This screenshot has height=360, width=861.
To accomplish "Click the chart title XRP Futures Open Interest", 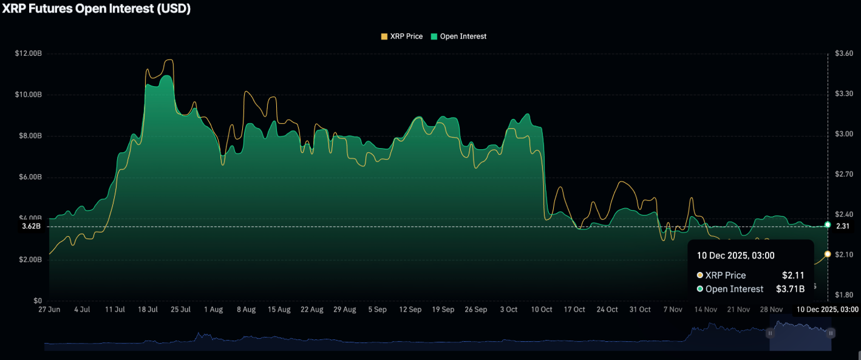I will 96,9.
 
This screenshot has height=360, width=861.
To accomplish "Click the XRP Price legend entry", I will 401,36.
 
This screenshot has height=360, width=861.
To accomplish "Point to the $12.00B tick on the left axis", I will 29,53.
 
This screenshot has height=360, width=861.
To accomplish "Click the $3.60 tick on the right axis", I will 845,53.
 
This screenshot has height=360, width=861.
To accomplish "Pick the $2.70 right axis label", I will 845,174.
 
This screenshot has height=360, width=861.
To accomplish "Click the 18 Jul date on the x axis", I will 148,310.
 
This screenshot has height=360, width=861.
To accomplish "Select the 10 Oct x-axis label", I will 541,310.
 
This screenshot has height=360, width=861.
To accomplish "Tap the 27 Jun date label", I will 49,310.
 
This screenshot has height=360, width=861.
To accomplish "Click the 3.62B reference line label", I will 31,226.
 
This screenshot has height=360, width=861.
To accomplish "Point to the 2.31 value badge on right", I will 843,226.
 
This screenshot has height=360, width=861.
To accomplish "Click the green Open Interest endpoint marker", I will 828,225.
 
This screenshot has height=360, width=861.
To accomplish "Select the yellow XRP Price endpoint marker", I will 828,254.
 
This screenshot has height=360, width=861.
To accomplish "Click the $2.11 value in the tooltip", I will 793,276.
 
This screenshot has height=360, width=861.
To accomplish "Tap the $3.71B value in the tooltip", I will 790,289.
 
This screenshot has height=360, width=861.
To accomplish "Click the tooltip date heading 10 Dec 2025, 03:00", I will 735,256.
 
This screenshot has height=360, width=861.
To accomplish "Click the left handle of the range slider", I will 770,333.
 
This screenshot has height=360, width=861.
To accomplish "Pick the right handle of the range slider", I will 831,333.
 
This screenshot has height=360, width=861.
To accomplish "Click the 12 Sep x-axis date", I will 410,310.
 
